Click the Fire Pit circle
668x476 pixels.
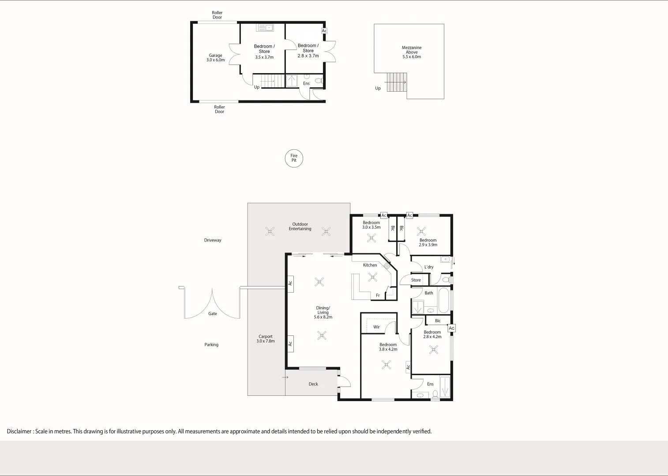coord(294,158)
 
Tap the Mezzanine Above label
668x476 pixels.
coord(412,52)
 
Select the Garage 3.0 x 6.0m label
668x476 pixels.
coord(216,58)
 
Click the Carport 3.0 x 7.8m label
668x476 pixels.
coord(266,338)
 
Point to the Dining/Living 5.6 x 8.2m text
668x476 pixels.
coord(323,312)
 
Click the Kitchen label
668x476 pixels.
coord(370,265)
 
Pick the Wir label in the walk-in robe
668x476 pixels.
coord(376,327)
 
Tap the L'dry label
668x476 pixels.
coord(429,267)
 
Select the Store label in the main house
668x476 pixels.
coord(416,280)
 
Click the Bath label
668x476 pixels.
coord(429,293)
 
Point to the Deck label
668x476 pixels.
coord(313,384)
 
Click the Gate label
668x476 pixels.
coord(213,314)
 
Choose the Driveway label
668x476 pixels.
coord(213,240)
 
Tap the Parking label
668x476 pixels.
coord(211,345)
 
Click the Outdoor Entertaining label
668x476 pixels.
coord(300,227)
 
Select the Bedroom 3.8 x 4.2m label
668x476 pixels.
coord(388,347)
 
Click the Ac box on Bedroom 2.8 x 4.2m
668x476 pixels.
coord(451,328)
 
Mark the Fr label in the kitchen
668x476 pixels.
coord(378,295)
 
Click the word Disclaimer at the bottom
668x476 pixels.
coord(19,431)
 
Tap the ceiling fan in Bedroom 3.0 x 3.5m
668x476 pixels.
coord(372,238)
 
